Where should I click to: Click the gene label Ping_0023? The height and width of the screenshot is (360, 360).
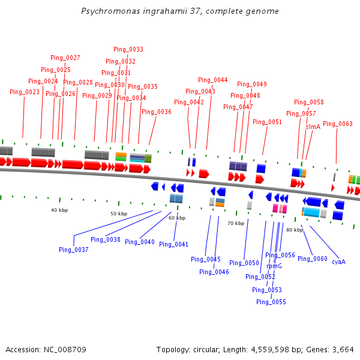pyautogui.click(x=25, y=92)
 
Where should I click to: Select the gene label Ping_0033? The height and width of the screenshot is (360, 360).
pyautogui.click(x=128, y=49)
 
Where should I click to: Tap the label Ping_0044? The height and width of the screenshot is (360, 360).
pyautogui.click(x=213, y=80)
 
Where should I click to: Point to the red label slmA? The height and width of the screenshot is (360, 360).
pyautogui.click(x=313, y=127)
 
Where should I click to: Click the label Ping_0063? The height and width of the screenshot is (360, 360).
pyautogui.click(x=338, y=124)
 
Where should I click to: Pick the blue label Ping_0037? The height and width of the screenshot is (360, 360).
pyautogui.click(x=74, y=250)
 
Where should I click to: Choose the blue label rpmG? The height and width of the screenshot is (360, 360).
pyautogui.click(x=274, y=266)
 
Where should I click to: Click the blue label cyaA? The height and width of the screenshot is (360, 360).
pyautogui.click(x=339, y=262)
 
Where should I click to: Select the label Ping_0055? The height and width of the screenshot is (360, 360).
pyautogui.click(x=271, y=302)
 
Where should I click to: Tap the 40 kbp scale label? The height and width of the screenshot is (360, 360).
pyautogui.click(x=59, y=210)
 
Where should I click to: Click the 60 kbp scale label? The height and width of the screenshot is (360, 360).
pyautogui.click(x=177, y=218)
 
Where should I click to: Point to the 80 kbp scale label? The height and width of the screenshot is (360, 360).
pyautogui.click(x=295, y=230)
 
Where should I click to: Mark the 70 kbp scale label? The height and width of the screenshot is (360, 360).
pyautogui.click(x=236, y=223)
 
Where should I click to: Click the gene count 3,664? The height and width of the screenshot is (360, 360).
pyautogui.click(x=342, y=349)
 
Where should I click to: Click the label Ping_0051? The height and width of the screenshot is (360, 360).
pyautogui.click(x=267, y=122)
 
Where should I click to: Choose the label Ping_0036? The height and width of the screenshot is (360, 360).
pyautogui.click(x=157, y=112)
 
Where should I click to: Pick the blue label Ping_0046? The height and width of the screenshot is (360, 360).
pyautogui.click(x=214, y=272)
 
